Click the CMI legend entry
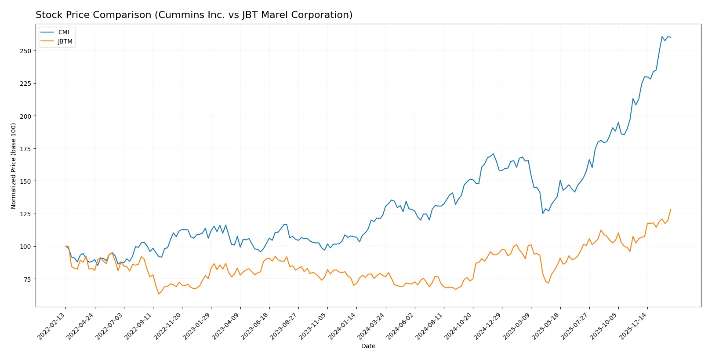point(63,32)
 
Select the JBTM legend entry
point(65,41)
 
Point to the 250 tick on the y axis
point(25,51)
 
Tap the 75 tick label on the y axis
point(27,279)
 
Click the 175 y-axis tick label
point(25,149)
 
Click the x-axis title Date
point(368,346)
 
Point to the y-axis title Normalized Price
point(14,166)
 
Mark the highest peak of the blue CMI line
point(662,36)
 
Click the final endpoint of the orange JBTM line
point(671,209)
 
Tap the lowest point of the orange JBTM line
point(159,294)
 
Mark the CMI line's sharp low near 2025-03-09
point(543,213)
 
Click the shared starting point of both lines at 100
point(65,246)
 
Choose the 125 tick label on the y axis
point(25,214)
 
